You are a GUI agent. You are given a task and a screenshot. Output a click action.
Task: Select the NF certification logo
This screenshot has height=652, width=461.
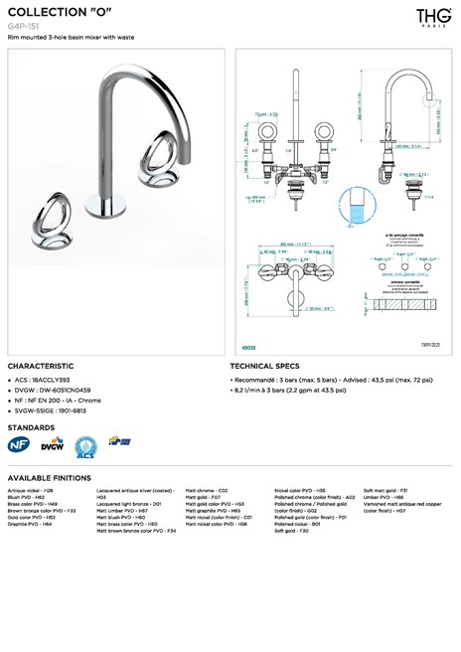pos(18,445)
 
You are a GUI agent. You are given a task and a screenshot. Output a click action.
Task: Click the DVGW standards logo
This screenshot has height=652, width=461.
pos(52,445)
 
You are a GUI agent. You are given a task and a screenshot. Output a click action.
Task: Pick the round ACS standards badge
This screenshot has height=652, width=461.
pos(85,445)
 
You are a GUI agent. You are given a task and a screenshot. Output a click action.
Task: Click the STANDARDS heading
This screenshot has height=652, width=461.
pos(31,426)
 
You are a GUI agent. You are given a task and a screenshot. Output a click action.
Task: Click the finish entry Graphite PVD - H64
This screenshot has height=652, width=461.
pos(30,524)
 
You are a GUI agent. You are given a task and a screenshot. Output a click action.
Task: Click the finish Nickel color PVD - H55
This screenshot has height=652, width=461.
pos(300,491)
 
